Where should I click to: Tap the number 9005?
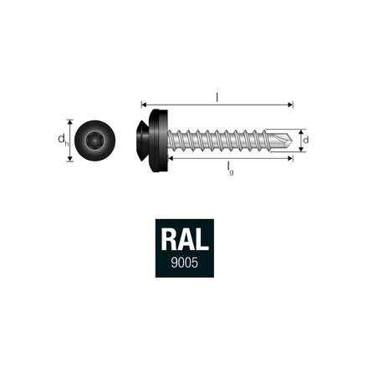click(184, 263)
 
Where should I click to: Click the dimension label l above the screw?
click(217, 97)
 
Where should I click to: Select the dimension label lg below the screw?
click(230, 167)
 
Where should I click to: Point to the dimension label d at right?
click(306, 140)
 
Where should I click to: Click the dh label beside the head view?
click(62, 141)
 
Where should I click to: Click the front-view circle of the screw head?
click(95, 141)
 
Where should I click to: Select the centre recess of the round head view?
click(95, 141)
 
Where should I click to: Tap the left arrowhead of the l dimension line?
click(144, 105)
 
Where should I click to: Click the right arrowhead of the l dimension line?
click(291, 105)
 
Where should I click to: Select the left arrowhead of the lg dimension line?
click(171, 158)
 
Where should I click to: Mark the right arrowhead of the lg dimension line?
click(291, 158)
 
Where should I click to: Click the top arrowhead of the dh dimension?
click(70, 122)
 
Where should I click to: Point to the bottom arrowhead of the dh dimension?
click(70, 160)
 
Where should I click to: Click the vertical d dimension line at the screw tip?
click(299, 140)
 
